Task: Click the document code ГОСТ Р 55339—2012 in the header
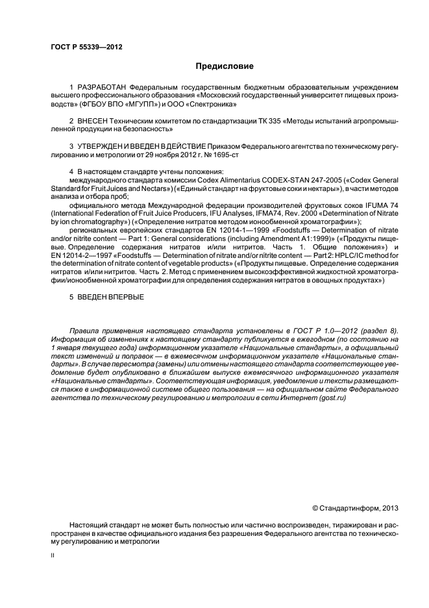[x=86, y=47]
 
